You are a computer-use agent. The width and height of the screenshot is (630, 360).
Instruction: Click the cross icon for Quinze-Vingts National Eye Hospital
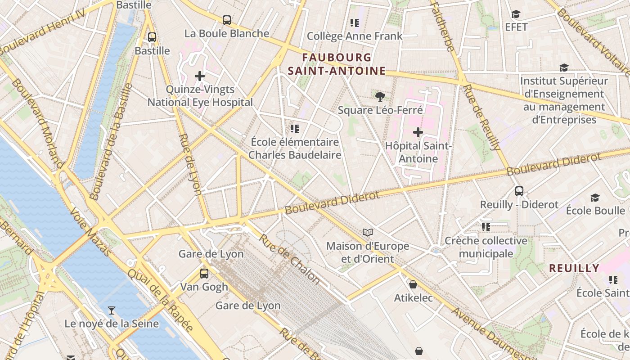(x=200, y=76)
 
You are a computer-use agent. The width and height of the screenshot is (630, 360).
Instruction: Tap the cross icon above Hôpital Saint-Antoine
(x=418, y=132)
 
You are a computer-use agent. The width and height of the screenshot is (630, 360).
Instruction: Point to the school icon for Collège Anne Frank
(x=355, y=22)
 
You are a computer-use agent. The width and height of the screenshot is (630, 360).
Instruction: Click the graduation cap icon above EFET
(x=516, y=14)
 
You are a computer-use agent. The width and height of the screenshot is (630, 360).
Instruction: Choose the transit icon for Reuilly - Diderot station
(x=519, y=191)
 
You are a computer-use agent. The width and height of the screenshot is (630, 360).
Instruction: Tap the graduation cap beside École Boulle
(x=595, y=198)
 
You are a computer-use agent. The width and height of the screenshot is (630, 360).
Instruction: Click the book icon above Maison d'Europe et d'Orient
(x=368, y=233)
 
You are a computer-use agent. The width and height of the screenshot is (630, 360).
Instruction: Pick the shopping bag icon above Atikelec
(x=413, y=284)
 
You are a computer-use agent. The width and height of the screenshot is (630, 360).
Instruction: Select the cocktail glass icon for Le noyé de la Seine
(x=111, y=310)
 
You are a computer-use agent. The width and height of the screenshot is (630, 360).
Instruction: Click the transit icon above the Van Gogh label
(x=204, y=273)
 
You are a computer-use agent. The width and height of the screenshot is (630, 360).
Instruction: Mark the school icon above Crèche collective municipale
(x=486, y=227)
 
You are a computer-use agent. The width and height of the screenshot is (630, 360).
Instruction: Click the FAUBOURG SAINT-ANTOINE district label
(x=337, y=64)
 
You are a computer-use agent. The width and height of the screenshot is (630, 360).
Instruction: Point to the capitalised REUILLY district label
(x=574, y=268)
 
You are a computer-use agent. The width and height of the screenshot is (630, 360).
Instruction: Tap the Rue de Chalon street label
(x=289, y=260)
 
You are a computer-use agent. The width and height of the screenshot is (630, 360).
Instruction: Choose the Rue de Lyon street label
(x=190, y=164)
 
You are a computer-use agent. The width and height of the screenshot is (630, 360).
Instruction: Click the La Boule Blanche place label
(x=227, y=33)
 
